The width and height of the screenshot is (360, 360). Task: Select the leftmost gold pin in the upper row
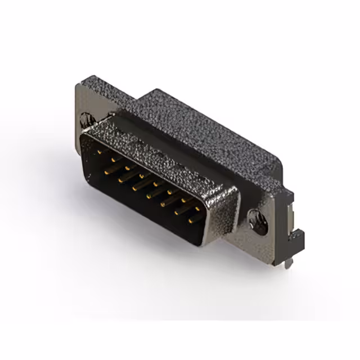(x=100, y=152)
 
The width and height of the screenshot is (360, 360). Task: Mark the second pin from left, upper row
(x=114, y=160)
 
